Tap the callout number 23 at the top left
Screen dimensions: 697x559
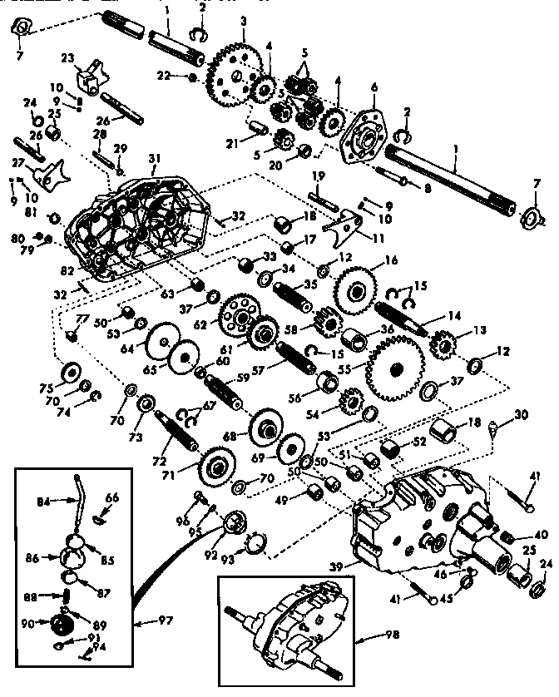tap(67, 58)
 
